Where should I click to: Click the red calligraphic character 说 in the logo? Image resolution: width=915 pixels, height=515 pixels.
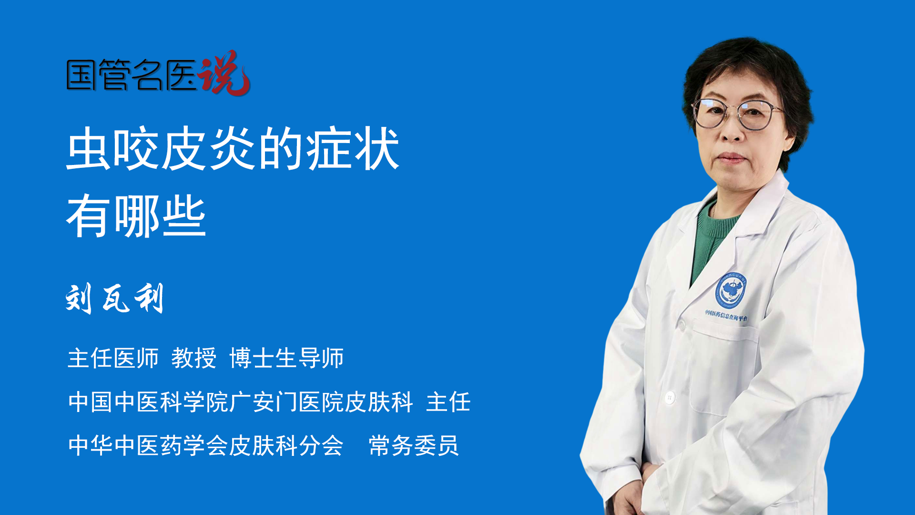pos(224,72)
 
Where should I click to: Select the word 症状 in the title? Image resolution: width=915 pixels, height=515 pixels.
pos(352,149)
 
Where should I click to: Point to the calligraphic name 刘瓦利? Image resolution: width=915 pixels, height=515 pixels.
pos(115,299)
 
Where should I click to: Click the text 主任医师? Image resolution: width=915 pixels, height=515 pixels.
pos(113,358)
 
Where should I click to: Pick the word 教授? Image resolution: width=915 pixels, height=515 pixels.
pos(194,358)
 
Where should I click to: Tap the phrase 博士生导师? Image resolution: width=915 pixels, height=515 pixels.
pos(286,358)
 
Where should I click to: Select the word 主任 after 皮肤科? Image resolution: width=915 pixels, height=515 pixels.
pos(448,402)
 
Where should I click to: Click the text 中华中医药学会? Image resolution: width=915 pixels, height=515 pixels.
pos(148,445)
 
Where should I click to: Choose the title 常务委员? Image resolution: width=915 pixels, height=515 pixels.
pos(414,445)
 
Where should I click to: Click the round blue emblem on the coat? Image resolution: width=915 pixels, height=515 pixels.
pos(730,289)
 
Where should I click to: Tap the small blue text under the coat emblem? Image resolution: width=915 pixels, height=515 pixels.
pos(726,315)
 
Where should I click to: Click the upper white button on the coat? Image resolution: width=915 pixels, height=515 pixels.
pos(681,326)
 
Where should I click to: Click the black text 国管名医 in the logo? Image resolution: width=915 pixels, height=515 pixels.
pos(131,75)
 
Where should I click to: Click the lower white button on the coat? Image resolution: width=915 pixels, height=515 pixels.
pos(670,397)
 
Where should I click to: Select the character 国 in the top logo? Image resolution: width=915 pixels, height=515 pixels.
pos(81,75)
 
